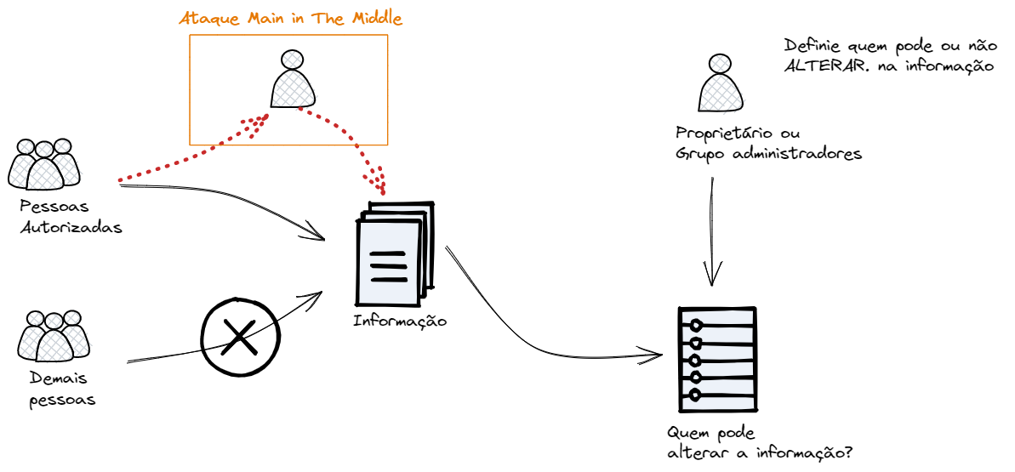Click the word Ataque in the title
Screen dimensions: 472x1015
coord(208,19)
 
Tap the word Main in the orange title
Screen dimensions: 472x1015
coord(265,19)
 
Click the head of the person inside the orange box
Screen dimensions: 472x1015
coord(292,60)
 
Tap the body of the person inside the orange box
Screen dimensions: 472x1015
coord(294,89)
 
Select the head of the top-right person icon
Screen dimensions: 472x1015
coord(720,63)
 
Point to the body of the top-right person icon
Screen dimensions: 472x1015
coord(721,94)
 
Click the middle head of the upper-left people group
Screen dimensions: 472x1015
coord(45,151)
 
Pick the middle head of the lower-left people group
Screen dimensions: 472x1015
coord(54,321)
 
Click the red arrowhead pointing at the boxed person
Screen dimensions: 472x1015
coord(257,122)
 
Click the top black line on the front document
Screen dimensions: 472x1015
coord(388,253)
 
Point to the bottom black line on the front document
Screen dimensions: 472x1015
coord(389,279)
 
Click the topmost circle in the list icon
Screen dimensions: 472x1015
coord(696,325)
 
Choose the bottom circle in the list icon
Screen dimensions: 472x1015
coord(695,395)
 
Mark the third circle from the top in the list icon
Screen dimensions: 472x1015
coord(695,361)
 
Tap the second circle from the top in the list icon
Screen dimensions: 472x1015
coord(696,344)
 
